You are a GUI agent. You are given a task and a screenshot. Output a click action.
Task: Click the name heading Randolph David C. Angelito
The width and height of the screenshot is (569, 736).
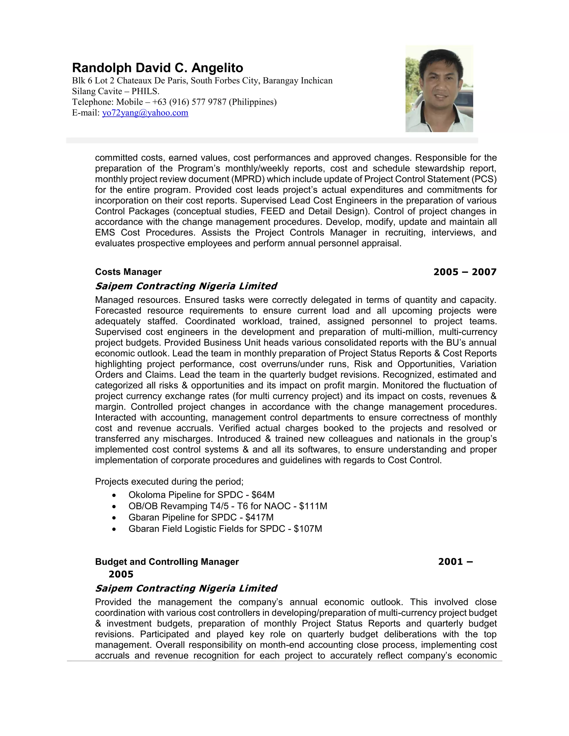tap(158, 68)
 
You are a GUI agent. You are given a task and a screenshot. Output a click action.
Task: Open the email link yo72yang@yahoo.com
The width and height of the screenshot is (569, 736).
tap(145, 113)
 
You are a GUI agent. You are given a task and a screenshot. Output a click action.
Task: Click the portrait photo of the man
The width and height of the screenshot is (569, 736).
tap(439, 89)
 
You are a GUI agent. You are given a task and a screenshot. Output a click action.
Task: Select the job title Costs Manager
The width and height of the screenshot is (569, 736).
tap(128, 272)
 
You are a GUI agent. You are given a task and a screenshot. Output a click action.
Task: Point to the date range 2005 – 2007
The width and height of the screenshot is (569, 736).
tap(465, 272)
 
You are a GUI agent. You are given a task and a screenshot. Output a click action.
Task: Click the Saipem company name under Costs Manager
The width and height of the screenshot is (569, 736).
tap(186, 286)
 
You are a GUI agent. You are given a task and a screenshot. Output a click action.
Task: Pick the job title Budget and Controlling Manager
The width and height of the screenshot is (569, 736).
tap(167, 562)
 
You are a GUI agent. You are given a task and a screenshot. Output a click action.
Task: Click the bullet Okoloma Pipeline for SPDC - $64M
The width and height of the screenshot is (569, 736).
tap(201, 495)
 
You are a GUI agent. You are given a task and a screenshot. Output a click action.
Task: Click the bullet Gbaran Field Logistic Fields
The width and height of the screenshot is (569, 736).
tap(225, 529)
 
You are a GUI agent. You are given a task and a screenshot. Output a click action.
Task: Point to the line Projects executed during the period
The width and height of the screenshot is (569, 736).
tap(169, 481)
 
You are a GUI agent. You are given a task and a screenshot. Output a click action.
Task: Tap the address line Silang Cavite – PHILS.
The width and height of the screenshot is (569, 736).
tap(116, 91)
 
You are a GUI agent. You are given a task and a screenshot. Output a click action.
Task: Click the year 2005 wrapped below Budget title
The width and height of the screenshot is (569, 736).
tap(121, 574)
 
